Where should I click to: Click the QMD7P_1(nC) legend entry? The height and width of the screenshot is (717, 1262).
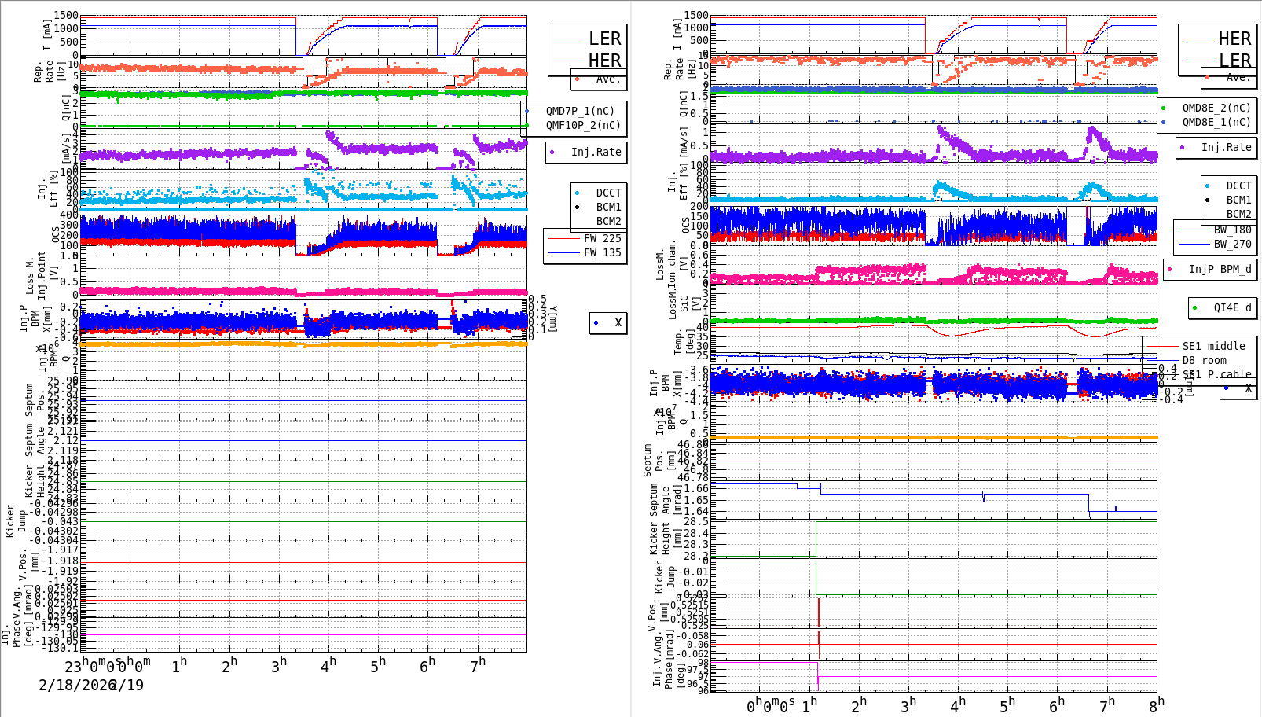click(580, 111)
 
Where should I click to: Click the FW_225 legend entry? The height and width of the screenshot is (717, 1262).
click(601, 238)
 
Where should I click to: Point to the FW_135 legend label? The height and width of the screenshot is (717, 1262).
click(601, 252)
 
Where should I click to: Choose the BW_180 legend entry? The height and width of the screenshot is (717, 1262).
click(1231, 230)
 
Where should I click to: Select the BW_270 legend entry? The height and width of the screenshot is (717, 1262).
click(1231, 244)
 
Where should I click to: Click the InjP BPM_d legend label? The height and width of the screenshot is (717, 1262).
click(1219, 269)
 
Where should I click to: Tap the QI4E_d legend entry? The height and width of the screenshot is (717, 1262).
click(1231, 307)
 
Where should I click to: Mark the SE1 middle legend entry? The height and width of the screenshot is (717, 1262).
click(1213, 346)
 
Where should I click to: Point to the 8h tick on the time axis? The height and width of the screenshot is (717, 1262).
click(1157, 704)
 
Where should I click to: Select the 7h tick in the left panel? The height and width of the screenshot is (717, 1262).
click(478, 665)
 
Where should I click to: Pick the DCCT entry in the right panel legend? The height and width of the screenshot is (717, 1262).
click(1238, 186)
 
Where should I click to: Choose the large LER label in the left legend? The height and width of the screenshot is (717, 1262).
click(604, 39)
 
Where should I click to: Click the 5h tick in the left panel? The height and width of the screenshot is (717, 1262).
click(378, 665)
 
